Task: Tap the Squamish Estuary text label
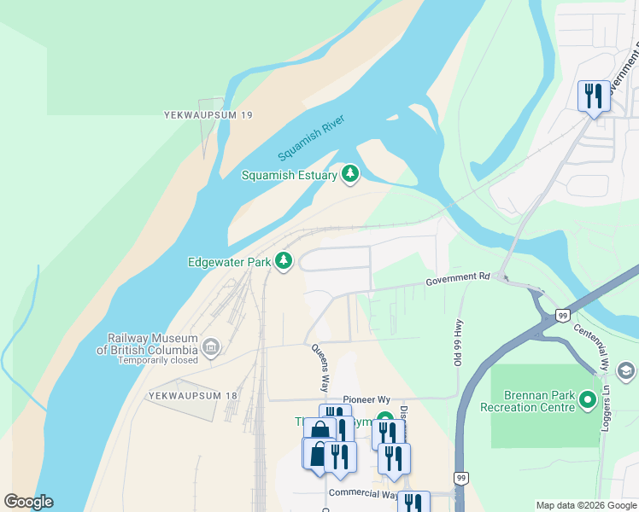(x=290, y=176)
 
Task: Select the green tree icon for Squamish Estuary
(x=349, y=174)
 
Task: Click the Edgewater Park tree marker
(x=284, y=261)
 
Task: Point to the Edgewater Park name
(x=229, y=262)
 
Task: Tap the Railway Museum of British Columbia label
(x=147, y=344)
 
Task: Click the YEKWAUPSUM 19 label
(x=208, y=114)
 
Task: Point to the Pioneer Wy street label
(x=366, y=399)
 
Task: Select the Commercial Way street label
(x=362, y=494)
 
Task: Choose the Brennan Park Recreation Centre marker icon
(x=587, y=399)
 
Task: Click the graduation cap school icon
(x=625, y=371)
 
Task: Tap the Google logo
(x=28, y=502)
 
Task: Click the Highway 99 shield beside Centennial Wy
(x=562, y=315)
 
